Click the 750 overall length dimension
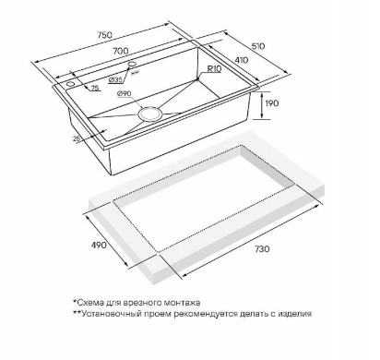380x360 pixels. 104,35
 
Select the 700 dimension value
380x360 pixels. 121,51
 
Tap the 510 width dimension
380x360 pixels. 258,46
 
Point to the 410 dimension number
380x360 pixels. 242,60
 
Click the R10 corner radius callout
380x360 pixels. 214,69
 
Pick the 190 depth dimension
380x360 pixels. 271,102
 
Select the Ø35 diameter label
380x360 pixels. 115,80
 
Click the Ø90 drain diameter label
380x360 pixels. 125,94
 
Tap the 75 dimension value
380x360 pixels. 95,89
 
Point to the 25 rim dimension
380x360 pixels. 77,138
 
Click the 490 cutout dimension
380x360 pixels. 99,245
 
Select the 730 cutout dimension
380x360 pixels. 262,248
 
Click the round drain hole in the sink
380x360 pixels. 149,114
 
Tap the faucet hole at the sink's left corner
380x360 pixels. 70,84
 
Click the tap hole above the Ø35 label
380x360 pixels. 132,64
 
